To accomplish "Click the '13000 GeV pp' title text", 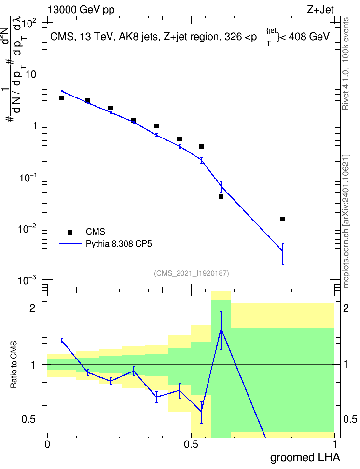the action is pyautogui.click(x=81, y=10).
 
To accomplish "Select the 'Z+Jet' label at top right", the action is pyautogui.click(x=320, y=10).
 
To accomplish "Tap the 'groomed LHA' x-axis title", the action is pyautogui.click(x=305, y=457).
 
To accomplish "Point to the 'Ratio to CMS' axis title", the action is pyautogui.click(x=14, y=365).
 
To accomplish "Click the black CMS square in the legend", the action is pyautogui.click(x=70, y=232).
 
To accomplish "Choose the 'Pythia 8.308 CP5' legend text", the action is pyautogui.click(x=119, y=244).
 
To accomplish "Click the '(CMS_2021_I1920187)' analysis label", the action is pyautogui.click(x=192, y=273).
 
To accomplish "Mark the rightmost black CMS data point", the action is pyautogui.click(x=283, y=219).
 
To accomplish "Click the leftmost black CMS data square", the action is pyautogui.click(x=62, y=98).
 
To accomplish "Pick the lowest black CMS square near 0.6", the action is pyautogui.click(x=221, y=196).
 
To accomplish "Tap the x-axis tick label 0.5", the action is pyautogui.click(x=191, y=444).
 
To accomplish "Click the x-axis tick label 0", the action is pyautogui.click(x=47, y=444).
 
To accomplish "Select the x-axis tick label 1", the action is pyautogui.click(x=335, y=444).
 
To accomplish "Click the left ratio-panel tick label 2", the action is pyautogui.click(x=32, y=308).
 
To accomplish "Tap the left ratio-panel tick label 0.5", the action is pyautogui.click(x=29, y=420).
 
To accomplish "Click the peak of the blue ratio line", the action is pyautogui.click(x=221, y=330).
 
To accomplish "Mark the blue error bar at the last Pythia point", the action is pyautogui.click(x=283, y=254).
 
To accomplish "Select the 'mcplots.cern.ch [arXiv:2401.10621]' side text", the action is pyautogui.click(x=346, y=221).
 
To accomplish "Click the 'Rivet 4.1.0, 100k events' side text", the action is pyautogui.click(x=346, y=64).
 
